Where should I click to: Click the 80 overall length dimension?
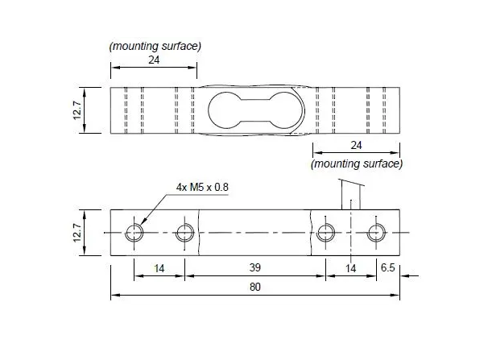pos(255,287)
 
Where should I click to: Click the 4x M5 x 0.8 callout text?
pos(203,187)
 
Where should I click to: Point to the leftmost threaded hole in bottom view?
pos(134,234)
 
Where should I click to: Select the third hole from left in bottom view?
pos(326,234)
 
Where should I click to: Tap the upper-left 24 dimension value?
pos(153,60)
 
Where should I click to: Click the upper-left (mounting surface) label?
pos(155,46)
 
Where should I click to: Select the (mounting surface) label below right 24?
pos(356,163)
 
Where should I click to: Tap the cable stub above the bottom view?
pos(351,195)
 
